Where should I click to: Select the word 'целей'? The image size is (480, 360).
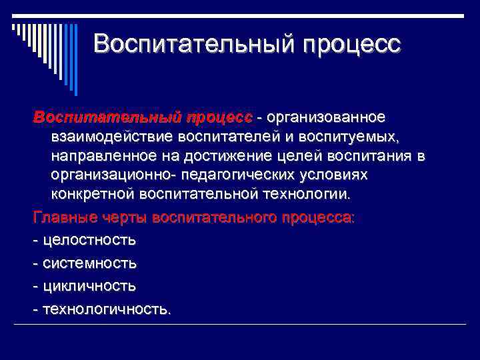(297, 157)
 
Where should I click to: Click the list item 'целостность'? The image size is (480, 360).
(89, 241)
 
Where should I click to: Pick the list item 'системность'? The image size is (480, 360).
(89, 263)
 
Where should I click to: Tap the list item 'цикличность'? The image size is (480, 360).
(89, 286)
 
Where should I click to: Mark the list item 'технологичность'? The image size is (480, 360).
(106, 309)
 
